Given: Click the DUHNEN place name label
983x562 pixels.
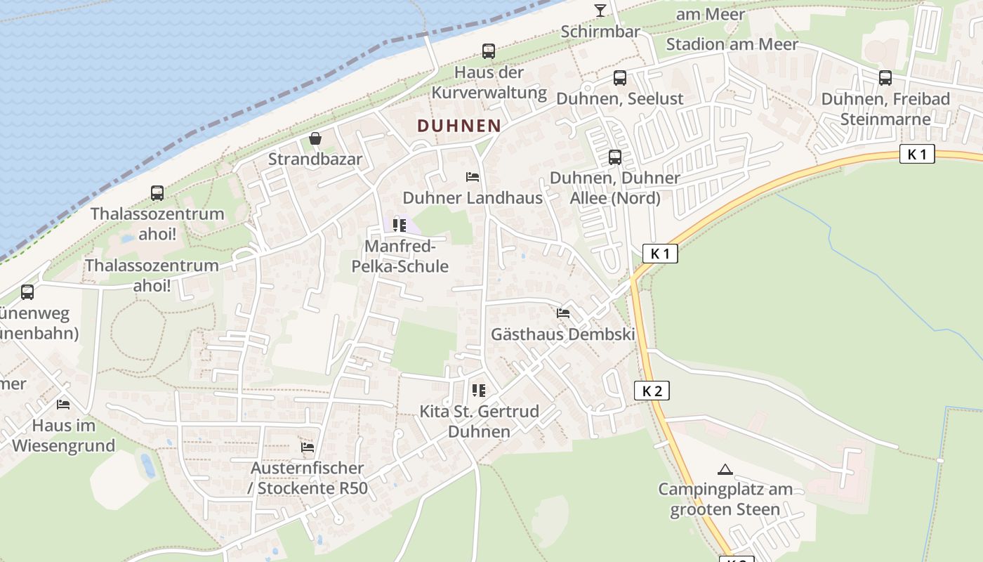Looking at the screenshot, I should coord(459,126).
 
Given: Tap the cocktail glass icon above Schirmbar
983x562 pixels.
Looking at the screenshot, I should coord(600,10).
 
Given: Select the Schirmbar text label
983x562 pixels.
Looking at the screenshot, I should coord(600,32).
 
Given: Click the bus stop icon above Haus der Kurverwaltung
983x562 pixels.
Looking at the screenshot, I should coord(488,51).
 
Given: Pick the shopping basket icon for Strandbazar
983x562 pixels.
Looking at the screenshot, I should coord(315,138).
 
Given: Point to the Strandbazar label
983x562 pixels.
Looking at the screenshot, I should coord(315,159).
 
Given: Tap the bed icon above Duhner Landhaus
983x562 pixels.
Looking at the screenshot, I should coord(473,177).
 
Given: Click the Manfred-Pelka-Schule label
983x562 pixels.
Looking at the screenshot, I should coord(406,256).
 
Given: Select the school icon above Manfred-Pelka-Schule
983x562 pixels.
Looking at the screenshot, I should coord(399,226).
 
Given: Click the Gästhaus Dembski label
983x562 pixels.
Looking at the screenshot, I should coord(562,334).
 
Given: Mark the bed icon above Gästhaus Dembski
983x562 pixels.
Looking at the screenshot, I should coord(562,313).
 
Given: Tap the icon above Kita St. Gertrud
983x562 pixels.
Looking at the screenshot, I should coord(479,391).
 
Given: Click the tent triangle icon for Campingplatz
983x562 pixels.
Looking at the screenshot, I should coord(725,469).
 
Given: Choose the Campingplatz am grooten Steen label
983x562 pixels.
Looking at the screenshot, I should coord(725,499).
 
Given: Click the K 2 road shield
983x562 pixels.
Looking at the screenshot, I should coord(652,391).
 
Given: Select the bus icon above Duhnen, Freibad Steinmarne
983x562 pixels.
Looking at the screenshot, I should coord(885,78).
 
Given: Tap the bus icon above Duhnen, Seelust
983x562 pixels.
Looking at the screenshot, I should coord(619,78).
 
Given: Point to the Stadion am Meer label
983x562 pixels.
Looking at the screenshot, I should coord(732,44).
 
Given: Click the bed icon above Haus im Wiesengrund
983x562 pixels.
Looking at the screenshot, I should coord(63,405).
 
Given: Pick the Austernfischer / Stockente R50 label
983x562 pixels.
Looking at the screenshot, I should coord(308,478).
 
